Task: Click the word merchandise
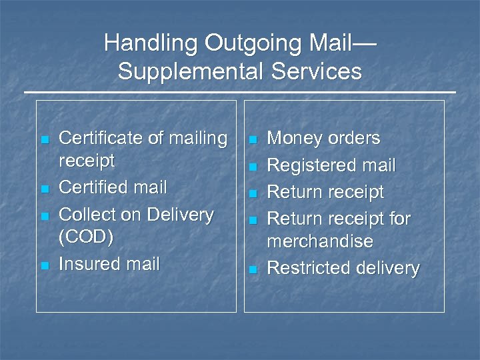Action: pyautogui.click(x=320, y=241)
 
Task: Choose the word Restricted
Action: pyautogui.click(x=306, y=268)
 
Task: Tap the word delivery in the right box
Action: pyautogui.click(x=387, y=268)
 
